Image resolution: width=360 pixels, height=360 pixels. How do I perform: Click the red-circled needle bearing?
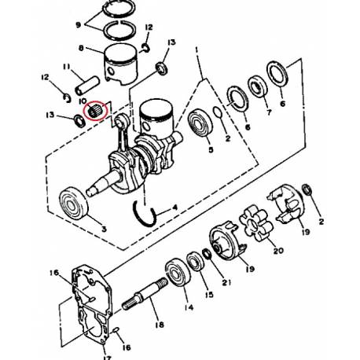point(94,111)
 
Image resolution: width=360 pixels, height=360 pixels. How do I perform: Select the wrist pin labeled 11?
point(86,86)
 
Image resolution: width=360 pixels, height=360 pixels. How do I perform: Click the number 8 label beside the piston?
point(81,48)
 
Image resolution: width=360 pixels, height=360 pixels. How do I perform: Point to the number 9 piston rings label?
point(79,25)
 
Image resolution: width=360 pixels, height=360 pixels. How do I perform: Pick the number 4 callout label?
point(174,208)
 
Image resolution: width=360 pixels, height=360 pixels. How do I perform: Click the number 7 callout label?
point(269,112)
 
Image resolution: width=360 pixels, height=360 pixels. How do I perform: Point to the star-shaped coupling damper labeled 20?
point(256,222)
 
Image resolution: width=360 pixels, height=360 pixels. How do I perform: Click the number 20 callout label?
point(278,251)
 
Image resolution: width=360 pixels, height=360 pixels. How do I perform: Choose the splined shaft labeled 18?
point(145,294)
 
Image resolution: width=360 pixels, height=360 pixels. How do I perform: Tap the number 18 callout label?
point(160,325)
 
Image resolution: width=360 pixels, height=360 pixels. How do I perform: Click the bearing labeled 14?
point(178,272)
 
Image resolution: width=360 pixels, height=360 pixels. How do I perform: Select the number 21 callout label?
point(226,282)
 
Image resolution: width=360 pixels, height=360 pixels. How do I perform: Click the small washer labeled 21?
point(207,253)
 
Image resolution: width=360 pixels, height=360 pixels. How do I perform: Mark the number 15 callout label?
point(209,295)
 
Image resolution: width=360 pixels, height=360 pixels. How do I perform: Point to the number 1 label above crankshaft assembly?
point(197,50)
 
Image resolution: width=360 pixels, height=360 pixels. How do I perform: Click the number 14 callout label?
point(189,307)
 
